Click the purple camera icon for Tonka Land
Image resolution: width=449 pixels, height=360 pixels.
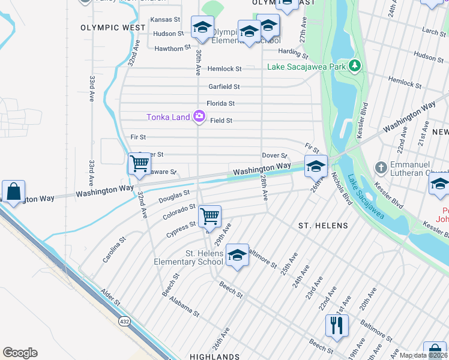coord(199,117)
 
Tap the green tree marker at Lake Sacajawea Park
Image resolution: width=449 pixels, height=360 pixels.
coord(356,65)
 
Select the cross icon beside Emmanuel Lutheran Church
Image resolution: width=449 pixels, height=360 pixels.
coord(379,166)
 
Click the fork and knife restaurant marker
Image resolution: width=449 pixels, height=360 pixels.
coord(337,325)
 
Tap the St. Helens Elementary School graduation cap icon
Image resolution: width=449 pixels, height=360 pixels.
coord(238,256)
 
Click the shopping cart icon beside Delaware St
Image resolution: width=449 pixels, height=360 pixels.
coord(140,163)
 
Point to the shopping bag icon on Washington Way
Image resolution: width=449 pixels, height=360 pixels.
coord(13,192)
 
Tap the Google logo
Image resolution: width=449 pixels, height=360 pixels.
coord(20,353)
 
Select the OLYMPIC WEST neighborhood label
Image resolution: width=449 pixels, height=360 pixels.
coord(113,28)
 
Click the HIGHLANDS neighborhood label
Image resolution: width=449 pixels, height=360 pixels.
coord(215,356)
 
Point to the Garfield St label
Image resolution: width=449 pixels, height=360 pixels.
coord(224,86)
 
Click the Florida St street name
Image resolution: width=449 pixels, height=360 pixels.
coord(220,103)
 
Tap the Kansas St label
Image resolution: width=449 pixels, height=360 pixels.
coord(165,19)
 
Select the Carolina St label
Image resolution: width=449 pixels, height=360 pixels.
coord(113,249)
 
